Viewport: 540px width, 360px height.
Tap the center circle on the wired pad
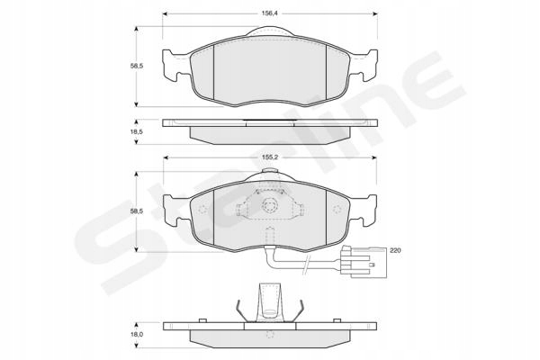[270, 207]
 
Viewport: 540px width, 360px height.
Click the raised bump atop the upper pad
[270, 33]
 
